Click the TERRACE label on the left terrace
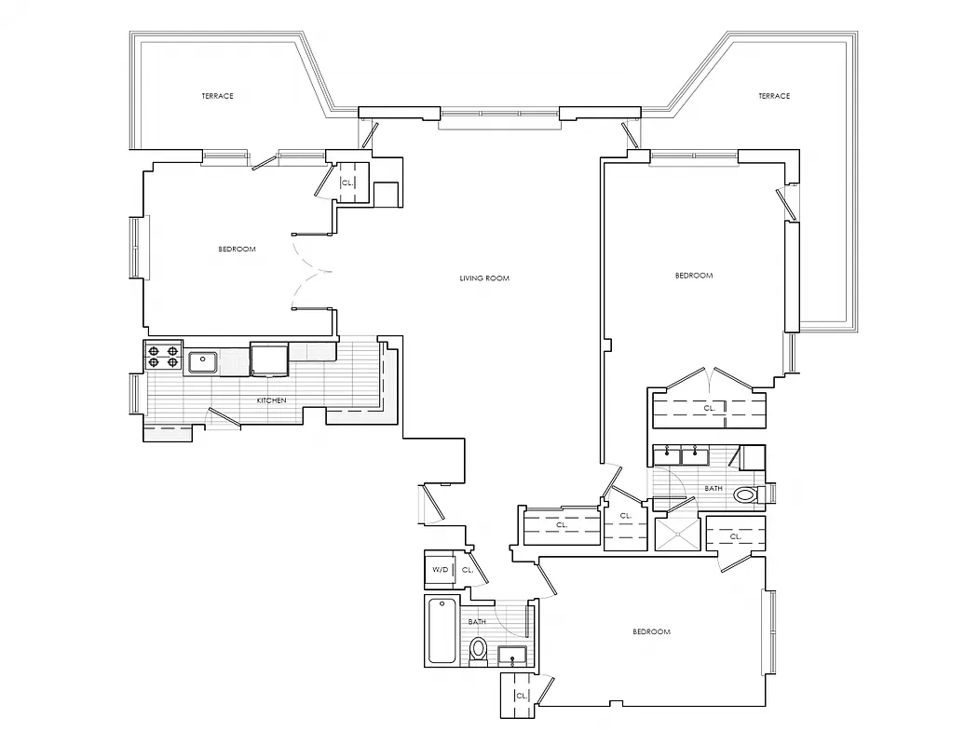217,96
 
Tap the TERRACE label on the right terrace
773,96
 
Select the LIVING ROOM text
484,278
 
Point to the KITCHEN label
271,400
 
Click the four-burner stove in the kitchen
163,358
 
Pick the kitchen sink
203,361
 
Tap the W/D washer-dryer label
439,570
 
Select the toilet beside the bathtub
479,649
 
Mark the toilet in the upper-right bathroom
746,494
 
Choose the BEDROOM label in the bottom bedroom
651,632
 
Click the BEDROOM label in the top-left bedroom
237,249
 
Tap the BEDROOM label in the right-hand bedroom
693,276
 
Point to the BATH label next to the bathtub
477,622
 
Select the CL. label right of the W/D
468,570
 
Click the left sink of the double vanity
667,455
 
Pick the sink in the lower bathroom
512,656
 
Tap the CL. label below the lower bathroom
521,696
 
